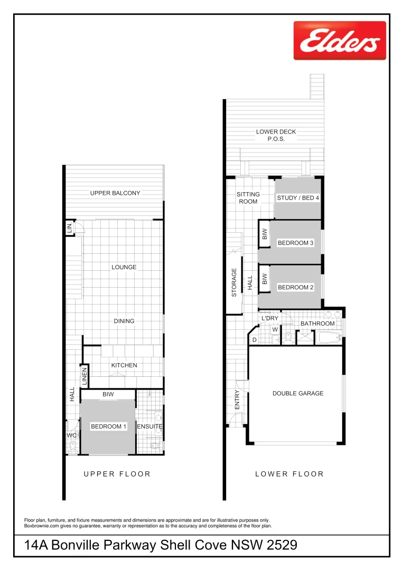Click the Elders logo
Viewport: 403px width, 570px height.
(x=340, y=41)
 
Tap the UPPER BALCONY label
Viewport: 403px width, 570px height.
(x=115, y=193)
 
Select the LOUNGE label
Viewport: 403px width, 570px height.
(x=124, y=267)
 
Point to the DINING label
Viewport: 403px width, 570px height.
(x=124, y=321)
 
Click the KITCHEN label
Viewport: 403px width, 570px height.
(x=124, y=365)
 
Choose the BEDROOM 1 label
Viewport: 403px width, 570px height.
(x=109, y=426)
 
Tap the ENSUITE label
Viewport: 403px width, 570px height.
(x=149, y=426)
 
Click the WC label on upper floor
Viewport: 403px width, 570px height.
(x=72, y=435)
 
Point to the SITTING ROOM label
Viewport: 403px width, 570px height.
(x=248, y=198)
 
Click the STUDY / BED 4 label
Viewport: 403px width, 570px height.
(x=298, y=198)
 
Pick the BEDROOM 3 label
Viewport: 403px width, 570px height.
(x=296, y=243)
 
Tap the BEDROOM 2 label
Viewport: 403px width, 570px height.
(x=296, y=288)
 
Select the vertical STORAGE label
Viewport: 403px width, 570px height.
(x=233, y=282)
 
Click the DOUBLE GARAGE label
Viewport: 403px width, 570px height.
(x=298, y=393)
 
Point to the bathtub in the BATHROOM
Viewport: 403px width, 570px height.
(x=329, y=337)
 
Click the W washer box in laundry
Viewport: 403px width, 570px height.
(x=275, y=330)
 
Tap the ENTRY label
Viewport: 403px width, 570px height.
(x=237, y=400)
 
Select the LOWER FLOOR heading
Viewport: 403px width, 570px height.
(x=289, y=474)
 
